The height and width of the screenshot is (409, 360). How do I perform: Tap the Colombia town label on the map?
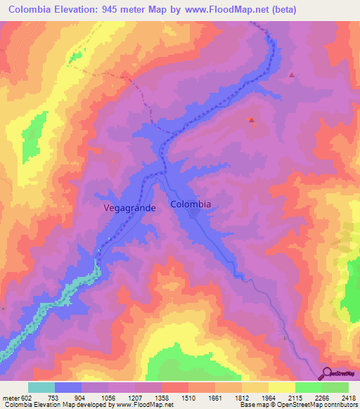click(191, 204)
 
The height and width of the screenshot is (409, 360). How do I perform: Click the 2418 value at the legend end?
click(349, 397)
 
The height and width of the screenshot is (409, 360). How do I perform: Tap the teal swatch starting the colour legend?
click(41, 387)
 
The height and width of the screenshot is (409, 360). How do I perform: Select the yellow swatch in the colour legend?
click(281, 387)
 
